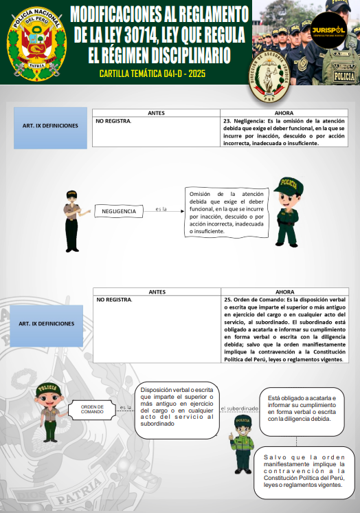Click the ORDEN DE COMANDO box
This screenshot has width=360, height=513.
click(x=92, y=409)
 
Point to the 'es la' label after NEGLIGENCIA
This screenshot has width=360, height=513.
click(x=161, y=209)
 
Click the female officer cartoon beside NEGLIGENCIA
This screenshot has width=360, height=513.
click(x=71, y=219)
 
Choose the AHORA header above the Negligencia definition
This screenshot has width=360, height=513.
click(x=284, y=113)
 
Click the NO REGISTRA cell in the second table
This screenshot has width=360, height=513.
click(x=114, y=300)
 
